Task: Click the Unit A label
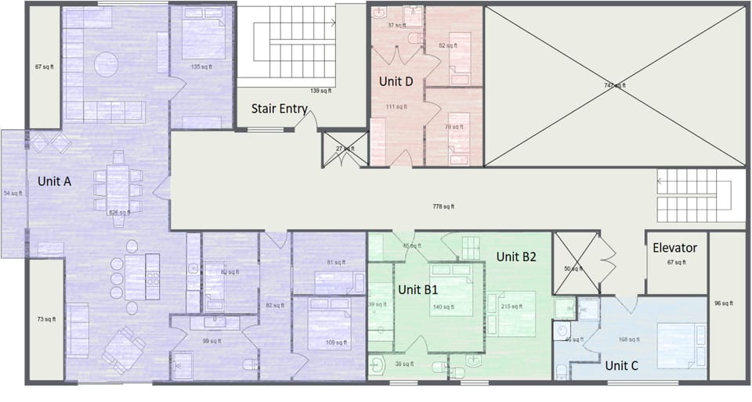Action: pos(55,181)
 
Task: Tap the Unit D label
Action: pos(396,81)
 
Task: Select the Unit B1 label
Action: pos(418,289)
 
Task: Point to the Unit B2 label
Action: pos(515,257)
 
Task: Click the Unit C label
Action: pos(621,364)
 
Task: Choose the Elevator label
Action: pos(674,248)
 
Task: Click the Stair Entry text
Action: pos(279,109)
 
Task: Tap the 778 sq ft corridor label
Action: pos(443,206)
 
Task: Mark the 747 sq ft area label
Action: pos(614,85)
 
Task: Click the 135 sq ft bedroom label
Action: pos(201,67)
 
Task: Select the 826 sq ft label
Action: pos(118,212)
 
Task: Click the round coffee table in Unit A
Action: pos(107,62)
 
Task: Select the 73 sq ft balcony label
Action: pos(45,319)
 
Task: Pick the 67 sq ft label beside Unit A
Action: pos(44,67)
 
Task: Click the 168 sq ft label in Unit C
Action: pos(630,339)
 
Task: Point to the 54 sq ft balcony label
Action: pos(13,192)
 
